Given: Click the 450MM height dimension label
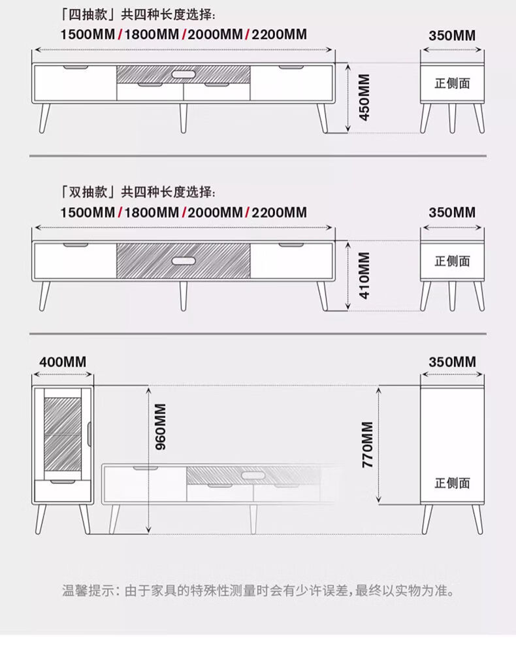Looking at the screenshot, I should (364, 97).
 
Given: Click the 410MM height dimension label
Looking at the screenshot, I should (364, 275).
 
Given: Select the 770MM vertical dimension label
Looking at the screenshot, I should (367, 444).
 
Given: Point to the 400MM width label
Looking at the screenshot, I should (63, 362).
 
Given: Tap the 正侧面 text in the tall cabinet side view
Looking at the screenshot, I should (452, 483).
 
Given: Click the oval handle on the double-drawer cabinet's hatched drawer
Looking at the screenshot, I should (184, 261).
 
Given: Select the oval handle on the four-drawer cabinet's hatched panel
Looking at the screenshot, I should (184, 74).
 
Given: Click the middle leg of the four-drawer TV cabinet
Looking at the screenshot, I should (184, 118).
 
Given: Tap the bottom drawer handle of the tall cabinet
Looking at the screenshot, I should (62, 482).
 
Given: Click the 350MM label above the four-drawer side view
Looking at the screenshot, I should (452, 35).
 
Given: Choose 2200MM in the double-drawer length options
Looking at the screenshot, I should (279, 212).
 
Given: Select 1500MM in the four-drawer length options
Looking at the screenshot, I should (88, 35).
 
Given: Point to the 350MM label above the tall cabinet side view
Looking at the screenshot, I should (452, 362).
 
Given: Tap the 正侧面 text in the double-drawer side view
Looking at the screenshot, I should (452, 261).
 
